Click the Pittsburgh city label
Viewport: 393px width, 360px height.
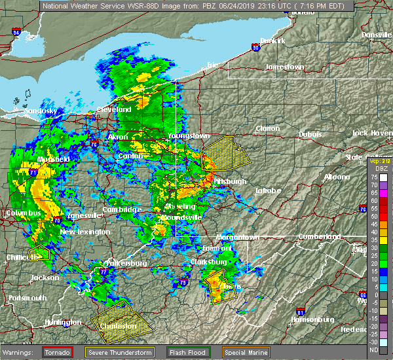230,181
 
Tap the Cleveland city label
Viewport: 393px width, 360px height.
114,109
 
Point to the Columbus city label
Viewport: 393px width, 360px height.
24,213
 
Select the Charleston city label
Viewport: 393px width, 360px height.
118,325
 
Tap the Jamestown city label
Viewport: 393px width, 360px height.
285,67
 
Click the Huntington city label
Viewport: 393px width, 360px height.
63,323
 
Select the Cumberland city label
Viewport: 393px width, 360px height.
317,236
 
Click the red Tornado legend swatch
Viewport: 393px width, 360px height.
58,352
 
